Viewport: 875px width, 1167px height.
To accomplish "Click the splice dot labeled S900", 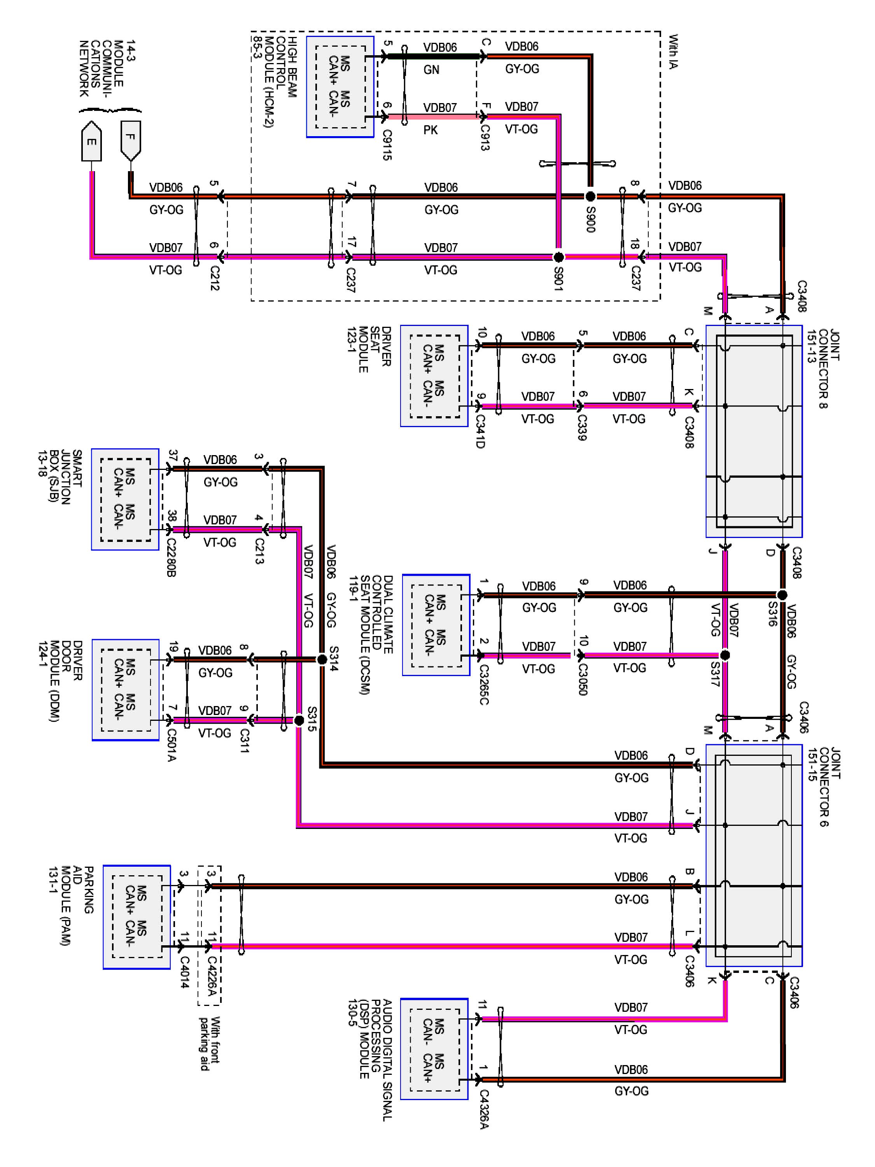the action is [590, 196].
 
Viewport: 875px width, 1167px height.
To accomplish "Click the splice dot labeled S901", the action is [558, 257].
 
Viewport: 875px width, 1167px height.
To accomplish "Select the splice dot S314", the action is [322, 659].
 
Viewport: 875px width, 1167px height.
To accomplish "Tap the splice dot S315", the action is [299, 720].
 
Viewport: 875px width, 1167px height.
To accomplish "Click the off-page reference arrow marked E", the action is [91, 141].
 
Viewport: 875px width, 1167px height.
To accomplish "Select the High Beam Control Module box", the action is [340, 86].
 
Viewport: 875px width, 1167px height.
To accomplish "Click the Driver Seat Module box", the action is [434, 376].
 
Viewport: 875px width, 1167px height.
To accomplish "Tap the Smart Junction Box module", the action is [125, 499].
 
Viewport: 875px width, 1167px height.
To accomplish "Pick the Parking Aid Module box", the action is [136, 917].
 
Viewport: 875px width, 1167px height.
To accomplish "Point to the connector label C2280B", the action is [171, 557].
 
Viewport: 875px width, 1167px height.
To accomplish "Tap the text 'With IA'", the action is [673, 52].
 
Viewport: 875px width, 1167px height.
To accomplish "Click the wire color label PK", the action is [430, 130].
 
